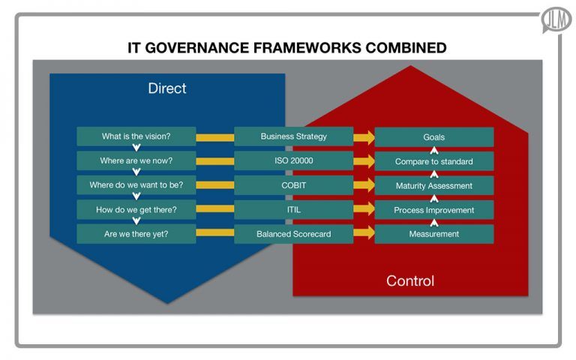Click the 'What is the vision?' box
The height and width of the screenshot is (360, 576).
[136, 136]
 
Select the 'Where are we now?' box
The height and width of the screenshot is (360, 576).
[136, 160]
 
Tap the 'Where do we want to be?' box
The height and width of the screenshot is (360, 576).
[136, 185]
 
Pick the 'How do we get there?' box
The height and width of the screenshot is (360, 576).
[136, 209]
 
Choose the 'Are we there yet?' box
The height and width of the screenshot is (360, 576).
[136, 234]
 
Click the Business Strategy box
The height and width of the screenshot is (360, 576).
[293, 136]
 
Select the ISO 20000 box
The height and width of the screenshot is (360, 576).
[293, 160]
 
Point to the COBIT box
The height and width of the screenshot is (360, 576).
[293, 185]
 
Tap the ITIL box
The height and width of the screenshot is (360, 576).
[293, 209]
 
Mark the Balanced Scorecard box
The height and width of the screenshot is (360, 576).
[293, 234]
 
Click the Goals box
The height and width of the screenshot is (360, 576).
[433, 137]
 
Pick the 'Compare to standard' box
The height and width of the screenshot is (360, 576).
[433, 161]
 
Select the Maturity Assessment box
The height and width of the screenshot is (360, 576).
[433, 185]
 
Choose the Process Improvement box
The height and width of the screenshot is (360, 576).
[433, 210]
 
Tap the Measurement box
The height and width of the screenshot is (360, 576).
[433, 234]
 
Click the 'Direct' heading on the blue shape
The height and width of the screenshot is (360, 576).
[166, 88]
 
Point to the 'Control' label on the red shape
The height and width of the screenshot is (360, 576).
[409, 281]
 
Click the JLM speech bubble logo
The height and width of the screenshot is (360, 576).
[556, 19]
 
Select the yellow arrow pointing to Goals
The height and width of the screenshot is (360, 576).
[364, 137]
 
